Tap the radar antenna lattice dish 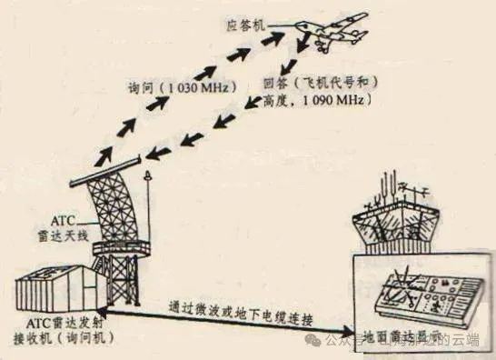(113, 205)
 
